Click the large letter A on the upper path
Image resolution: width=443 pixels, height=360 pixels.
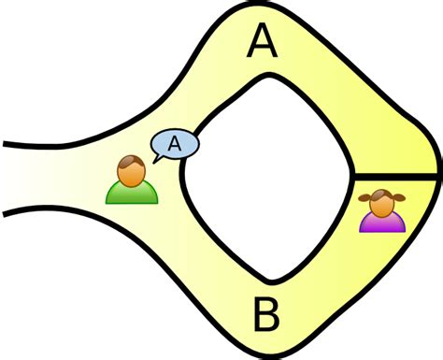tap(263, 41)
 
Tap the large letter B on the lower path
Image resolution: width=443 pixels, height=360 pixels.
tap(265, 316)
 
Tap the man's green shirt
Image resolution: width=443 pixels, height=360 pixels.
tap(131, 193)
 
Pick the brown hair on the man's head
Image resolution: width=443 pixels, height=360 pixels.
tap(131, 163)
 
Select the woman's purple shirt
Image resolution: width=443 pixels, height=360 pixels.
tap(381, 222)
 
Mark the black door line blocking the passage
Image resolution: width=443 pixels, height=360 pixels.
tap(393, 176)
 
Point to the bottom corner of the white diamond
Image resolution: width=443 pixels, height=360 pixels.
tap(272, 279)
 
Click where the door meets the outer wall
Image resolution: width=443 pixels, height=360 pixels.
tap(435, 176)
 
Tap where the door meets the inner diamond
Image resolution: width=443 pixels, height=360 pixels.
tap(353, 176)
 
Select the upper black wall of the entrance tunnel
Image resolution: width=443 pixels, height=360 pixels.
tap(56, 142)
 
